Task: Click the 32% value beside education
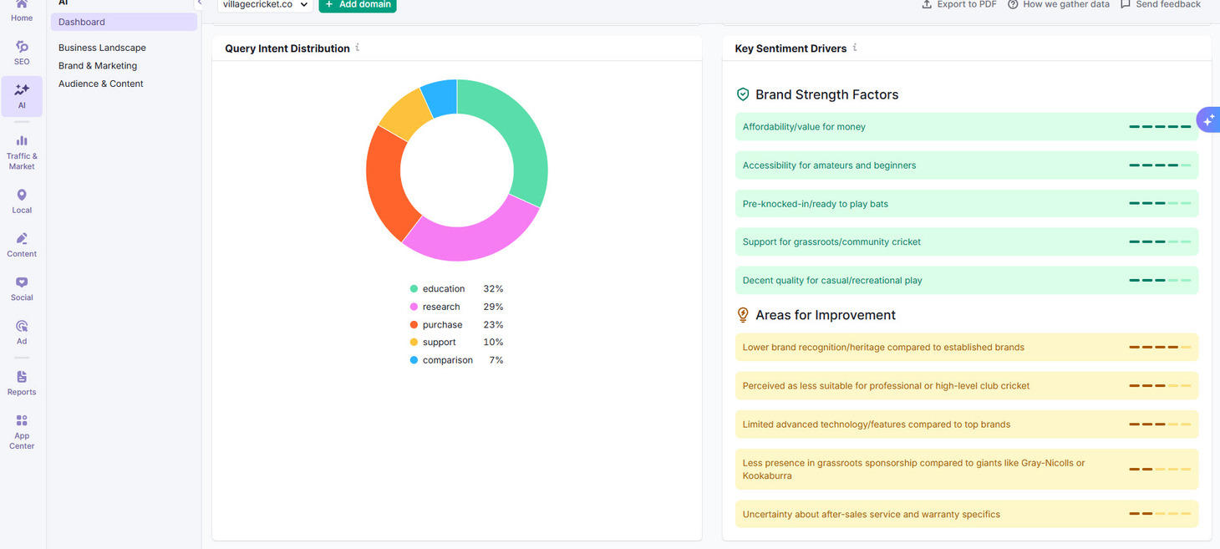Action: pos(493,289)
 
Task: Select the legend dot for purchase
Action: pos(414,325)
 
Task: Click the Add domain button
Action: pos(358,5)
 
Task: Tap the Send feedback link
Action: pos(1161,5)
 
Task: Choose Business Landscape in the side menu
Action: pos(102,48)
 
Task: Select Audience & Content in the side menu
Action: pos(101,84)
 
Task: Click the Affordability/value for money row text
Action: pos(804,127)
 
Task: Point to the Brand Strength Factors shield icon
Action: pos(743,94)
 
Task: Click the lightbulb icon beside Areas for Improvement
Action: pos(743,315)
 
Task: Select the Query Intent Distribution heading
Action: pos(287,48)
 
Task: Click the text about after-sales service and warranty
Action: pos(871,515)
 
